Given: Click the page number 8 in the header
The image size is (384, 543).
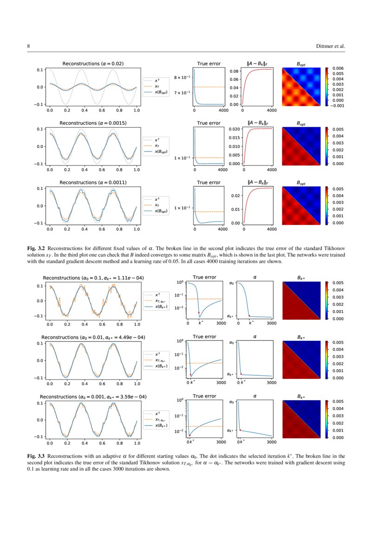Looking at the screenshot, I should (x=29, y=46).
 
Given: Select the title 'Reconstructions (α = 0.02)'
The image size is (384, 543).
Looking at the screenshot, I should (x=93, y=64).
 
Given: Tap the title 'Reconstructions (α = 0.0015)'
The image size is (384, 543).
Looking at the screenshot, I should (x=93, y=123).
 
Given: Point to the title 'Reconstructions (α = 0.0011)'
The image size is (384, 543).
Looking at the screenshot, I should (x=93, y=183).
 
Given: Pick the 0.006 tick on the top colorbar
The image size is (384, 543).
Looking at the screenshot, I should (x=337, y=68).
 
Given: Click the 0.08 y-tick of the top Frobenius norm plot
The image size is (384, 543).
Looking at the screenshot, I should (x=234, y=71).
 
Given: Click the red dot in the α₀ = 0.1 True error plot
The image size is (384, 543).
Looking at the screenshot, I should (x=199, y=313).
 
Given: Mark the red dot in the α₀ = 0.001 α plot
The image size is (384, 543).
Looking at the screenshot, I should (x=240, y=430).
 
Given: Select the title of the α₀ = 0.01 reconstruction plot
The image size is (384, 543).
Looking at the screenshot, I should (x=93, y=337).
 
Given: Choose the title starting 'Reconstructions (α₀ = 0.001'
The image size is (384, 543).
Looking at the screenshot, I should (x=93, y=397).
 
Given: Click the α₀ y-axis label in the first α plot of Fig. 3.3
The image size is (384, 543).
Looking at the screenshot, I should (x=232, y=282).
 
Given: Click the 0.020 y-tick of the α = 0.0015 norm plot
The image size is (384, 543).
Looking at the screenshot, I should (x=234, y=129).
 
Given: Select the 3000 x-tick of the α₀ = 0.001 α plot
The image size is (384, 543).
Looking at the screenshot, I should (x=272, y=442).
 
